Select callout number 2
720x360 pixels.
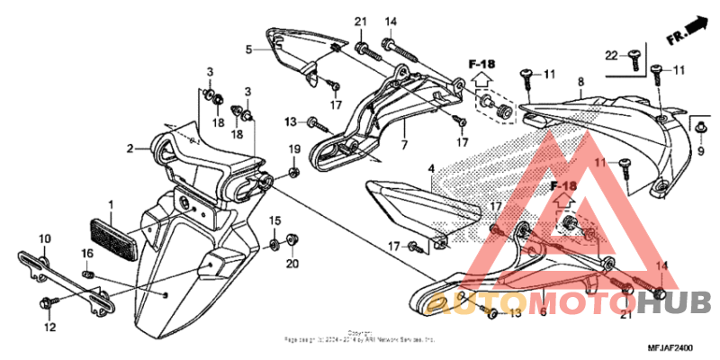130,148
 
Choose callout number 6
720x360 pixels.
543,311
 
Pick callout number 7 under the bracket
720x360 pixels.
404,144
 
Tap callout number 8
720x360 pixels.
580,82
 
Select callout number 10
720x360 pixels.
44,238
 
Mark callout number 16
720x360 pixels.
87,254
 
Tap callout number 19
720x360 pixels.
293,148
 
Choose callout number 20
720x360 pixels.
292,263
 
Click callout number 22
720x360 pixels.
610,57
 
